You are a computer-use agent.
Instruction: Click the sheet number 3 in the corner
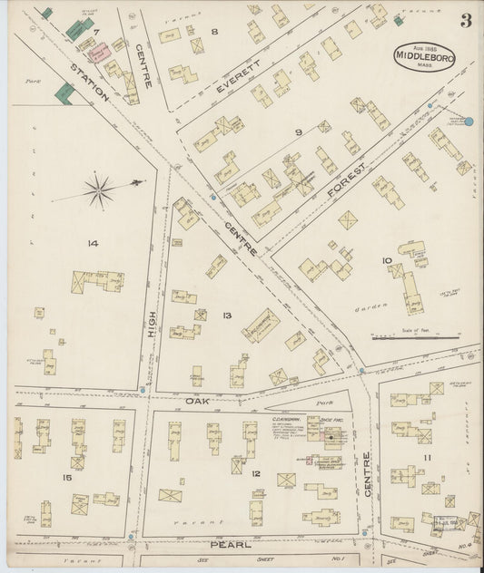coord(465,21)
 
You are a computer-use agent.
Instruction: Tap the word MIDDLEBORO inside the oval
coord(424,57)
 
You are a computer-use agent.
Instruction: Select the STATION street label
coord(90,83)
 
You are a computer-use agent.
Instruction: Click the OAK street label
coord(198,400)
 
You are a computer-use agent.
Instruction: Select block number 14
coord(93,243)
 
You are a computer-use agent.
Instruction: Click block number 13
coord(227,316)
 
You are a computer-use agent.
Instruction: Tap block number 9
coord(298,132)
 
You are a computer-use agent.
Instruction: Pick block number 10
coord(387,261)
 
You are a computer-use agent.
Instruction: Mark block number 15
coord(66,477)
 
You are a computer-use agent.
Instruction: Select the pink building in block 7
coord(104,53)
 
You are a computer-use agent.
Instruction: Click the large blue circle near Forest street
coord(469,121)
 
